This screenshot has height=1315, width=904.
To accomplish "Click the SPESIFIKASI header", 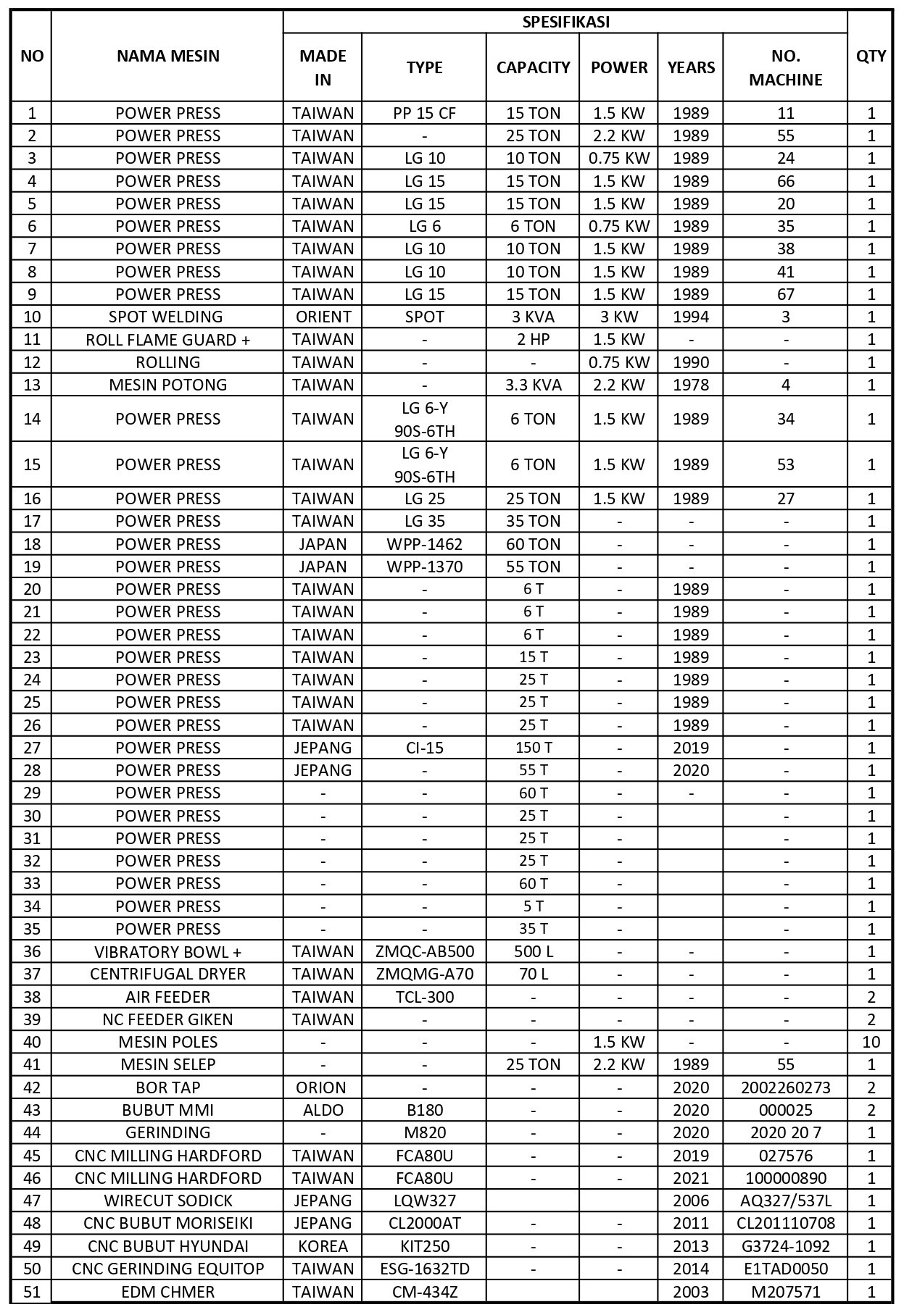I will (565, 22).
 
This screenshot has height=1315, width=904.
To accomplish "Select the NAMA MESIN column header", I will (167, 56).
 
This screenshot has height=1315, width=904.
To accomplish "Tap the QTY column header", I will (870, 56).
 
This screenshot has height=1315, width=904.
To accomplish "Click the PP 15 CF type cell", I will (424, 113).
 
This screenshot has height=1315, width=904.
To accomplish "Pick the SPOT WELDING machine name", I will (167, 317).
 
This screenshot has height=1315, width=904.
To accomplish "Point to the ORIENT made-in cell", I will (323, 317).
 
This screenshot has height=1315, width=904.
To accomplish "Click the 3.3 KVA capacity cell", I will (533, 385).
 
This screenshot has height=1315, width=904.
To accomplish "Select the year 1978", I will (690, 385).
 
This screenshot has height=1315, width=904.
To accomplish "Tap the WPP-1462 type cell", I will (424, 544).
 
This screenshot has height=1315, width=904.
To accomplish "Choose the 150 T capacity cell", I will (533, 748).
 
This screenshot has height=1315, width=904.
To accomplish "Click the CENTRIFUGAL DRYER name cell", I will (167, 974).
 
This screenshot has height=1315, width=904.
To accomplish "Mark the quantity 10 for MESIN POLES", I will (870, 1042).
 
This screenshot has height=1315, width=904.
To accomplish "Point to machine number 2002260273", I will (786, 1088).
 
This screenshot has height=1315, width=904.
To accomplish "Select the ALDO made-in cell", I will (323, 1110).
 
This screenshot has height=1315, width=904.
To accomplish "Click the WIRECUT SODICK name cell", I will (167, 1201).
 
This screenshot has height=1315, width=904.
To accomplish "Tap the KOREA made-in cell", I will (323, 1246).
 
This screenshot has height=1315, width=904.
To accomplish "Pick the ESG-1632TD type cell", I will (424, 1269).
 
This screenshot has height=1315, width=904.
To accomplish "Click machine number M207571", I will (786, 1292).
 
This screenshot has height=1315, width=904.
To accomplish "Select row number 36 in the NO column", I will (32, 951).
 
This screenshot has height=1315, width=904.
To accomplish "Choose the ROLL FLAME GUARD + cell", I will (167, 340).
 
